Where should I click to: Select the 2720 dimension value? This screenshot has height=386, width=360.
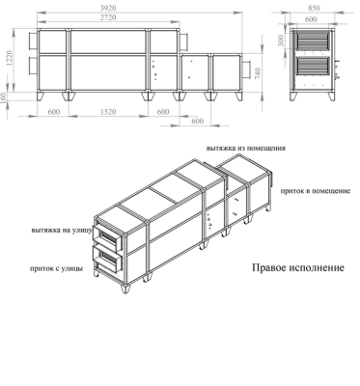click(109, 18)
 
